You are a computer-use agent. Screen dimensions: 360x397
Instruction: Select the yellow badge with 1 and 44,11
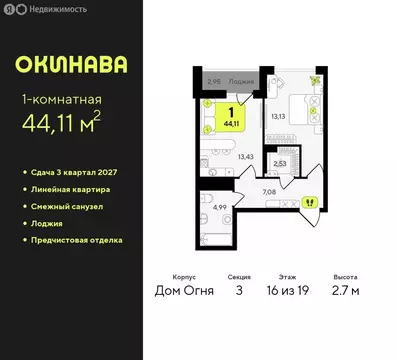coord(232,116)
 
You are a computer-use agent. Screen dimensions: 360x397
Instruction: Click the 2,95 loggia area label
coord(213,83)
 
